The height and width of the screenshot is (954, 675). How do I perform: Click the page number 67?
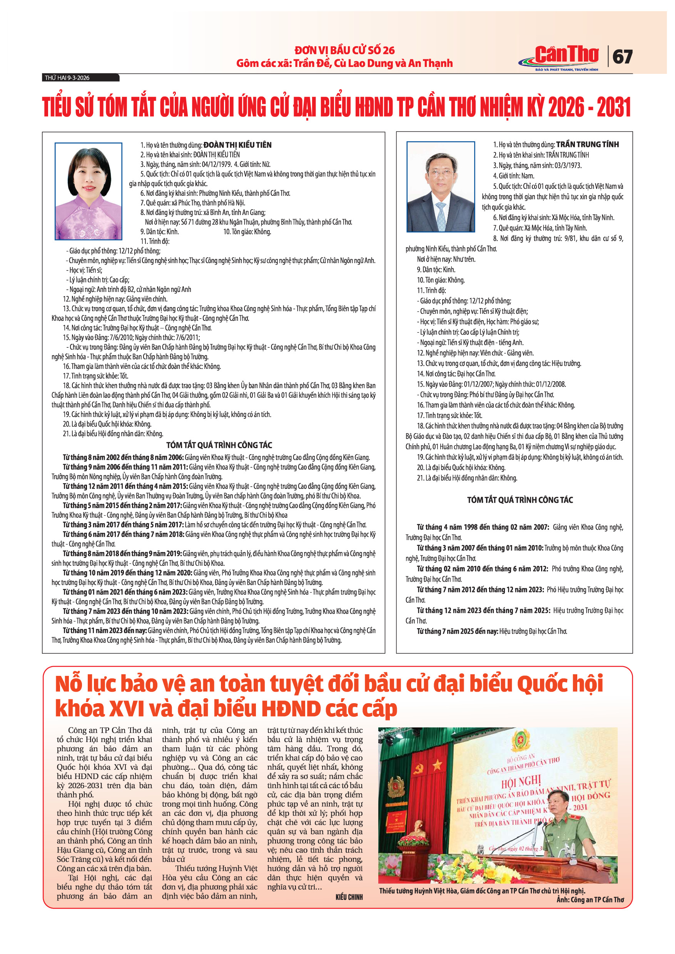tap(622, 57)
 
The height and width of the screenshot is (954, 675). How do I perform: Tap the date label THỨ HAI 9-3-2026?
tap(67, 78)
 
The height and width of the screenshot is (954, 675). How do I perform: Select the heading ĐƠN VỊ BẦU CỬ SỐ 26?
tap(344, 50)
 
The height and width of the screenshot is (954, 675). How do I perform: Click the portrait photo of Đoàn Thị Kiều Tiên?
tap(89, 191)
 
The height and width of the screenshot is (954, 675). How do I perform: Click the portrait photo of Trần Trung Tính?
tap(441, 187)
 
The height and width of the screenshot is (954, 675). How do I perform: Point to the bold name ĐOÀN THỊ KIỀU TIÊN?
tap(237, 145)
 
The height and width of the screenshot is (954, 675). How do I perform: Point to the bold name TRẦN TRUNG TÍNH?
tap(587, 145)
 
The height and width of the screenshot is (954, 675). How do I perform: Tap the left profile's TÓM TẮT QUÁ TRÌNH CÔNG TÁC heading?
tap(219, 445)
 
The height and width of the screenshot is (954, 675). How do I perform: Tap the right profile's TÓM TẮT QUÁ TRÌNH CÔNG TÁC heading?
tap(520, 500)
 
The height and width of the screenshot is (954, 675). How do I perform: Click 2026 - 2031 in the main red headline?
tap(590, 107)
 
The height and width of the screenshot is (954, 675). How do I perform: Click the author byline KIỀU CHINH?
tap(349, 897)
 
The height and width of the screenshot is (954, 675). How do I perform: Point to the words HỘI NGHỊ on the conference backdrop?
tap(520, 783)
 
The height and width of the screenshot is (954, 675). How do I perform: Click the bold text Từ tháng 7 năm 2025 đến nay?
tap(457, 631)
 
